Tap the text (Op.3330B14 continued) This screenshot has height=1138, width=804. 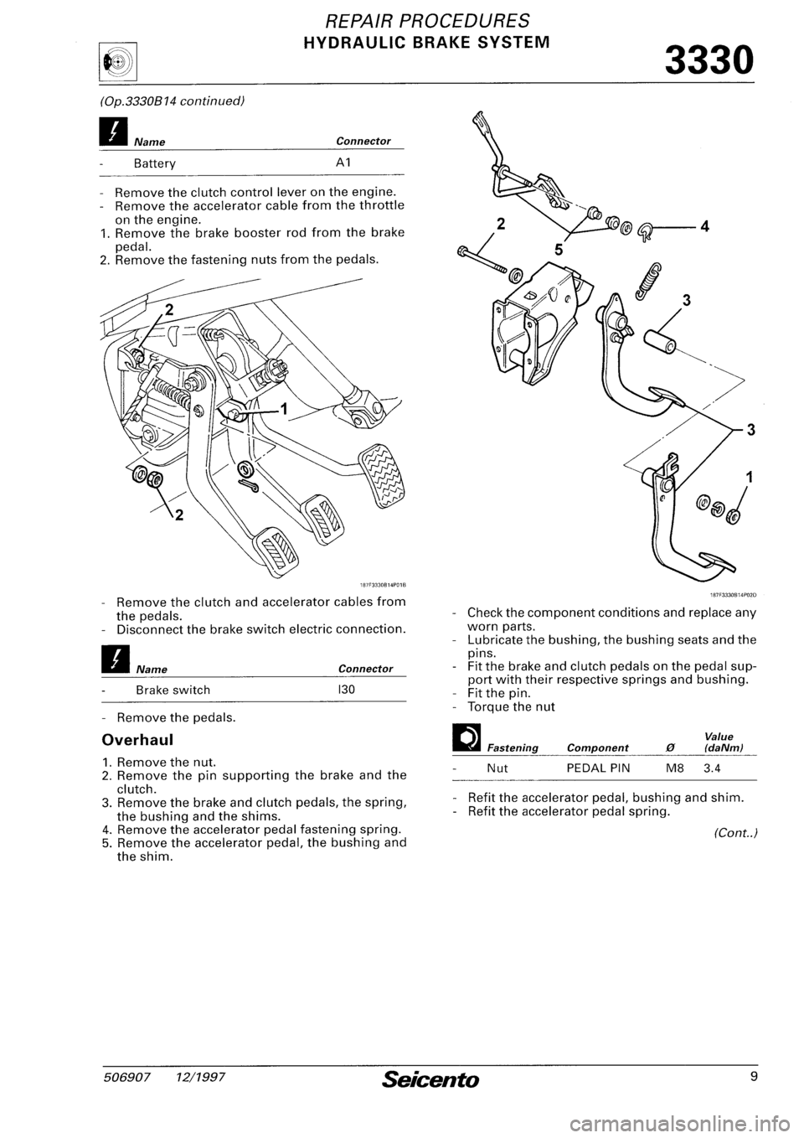[x=163, y=101]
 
